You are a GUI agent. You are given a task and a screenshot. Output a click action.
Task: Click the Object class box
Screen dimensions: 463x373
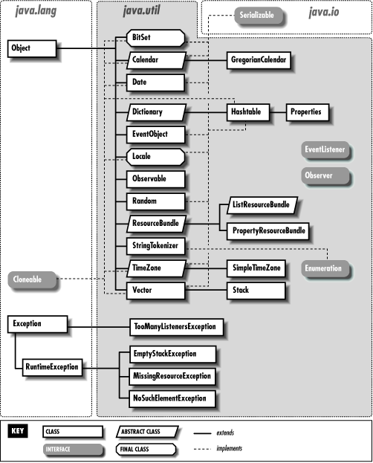tap(31, 50)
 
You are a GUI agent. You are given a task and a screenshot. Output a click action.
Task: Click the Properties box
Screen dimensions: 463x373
tap(308, 112)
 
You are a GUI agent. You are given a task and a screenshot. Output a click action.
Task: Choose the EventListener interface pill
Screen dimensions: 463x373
tap(324, 149)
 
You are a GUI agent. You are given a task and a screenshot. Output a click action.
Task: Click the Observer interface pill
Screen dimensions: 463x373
tap(317, 176)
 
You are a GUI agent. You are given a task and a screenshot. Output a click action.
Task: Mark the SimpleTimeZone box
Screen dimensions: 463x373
tap(256, 268)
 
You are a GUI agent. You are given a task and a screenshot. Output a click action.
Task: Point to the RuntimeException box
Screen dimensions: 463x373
tap(50, 366)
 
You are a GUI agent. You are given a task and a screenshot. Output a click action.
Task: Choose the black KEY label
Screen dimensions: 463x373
tap(20, 430)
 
